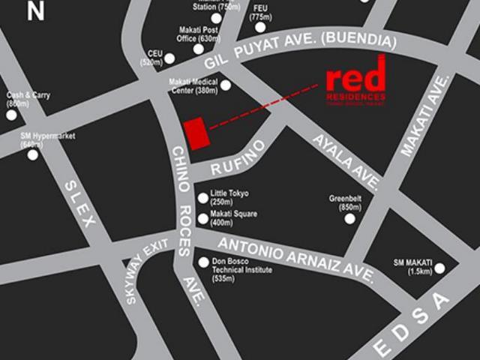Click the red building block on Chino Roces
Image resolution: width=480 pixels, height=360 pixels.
pos(196,133)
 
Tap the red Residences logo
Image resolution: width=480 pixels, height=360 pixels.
pos(356,82)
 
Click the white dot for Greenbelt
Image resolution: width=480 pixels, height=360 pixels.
pos(349,218)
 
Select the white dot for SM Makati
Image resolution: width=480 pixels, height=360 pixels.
pos(439,268)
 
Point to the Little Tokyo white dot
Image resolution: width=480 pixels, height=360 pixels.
pos(202,198)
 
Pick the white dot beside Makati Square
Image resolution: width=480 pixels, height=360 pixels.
pos(202,219)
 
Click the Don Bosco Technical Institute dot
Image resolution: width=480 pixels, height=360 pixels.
pos(204,262)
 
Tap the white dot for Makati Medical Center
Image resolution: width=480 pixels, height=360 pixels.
pos(225,85)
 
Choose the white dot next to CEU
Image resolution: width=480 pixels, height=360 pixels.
pos(170,58)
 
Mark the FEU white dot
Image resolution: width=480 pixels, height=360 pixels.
pos(260,27)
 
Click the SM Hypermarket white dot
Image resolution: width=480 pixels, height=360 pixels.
pos(32,154)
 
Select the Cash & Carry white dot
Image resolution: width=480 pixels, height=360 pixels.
pos(11,115)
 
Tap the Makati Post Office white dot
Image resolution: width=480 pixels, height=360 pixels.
pos(198,49)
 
